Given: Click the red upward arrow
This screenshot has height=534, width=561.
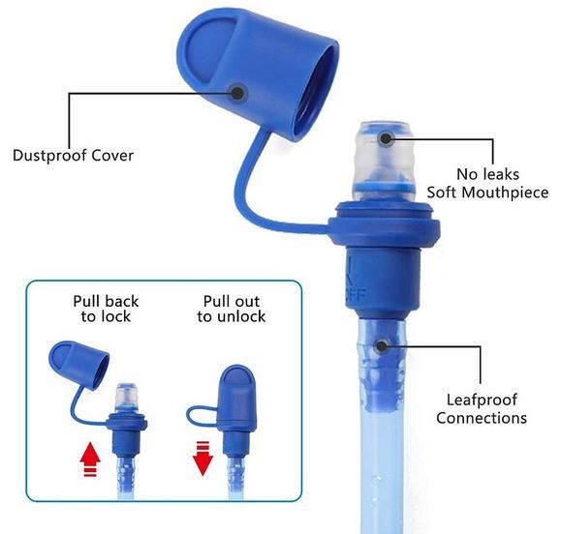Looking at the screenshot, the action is [x=90, y=459].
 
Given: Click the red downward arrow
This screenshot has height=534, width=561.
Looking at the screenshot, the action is [x=203, y=459].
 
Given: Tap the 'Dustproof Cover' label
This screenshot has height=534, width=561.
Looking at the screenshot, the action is [x=73, y=156].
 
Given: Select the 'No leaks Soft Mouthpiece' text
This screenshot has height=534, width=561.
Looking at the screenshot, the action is [x=487, y=183].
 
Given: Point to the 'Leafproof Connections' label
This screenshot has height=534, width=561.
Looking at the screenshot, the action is [x=482, y=408].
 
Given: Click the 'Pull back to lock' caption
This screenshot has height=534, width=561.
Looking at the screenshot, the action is [x=106, y=309].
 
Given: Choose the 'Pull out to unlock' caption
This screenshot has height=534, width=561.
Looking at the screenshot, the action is [x=232, y=309].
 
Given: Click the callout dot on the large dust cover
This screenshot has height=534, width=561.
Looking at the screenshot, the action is [x=237, y=93].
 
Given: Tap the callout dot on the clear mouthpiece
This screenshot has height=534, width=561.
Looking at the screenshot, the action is [x=386, y=138].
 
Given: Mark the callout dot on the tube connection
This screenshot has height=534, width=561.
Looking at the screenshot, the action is [x=382, y=345].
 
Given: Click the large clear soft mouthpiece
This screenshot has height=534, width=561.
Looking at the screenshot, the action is [x=384, y=161].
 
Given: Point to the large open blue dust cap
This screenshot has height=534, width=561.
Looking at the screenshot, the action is [x=257, y=74].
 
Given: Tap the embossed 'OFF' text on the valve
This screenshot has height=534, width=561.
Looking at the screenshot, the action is [x=357, y=295].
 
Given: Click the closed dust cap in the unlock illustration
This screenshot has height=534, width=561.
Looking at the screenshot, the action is [x=236, y=398].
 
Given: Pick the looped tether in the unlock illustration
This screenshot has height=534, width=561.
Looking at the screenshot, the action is [x=200, y=416].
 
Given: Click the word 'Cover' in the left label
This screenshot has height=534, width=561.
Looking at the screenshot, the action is [x=112, y=156].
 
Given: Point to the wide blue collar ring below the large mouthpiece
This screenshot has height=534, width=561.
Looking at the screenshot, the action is [x=384, y=224].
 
